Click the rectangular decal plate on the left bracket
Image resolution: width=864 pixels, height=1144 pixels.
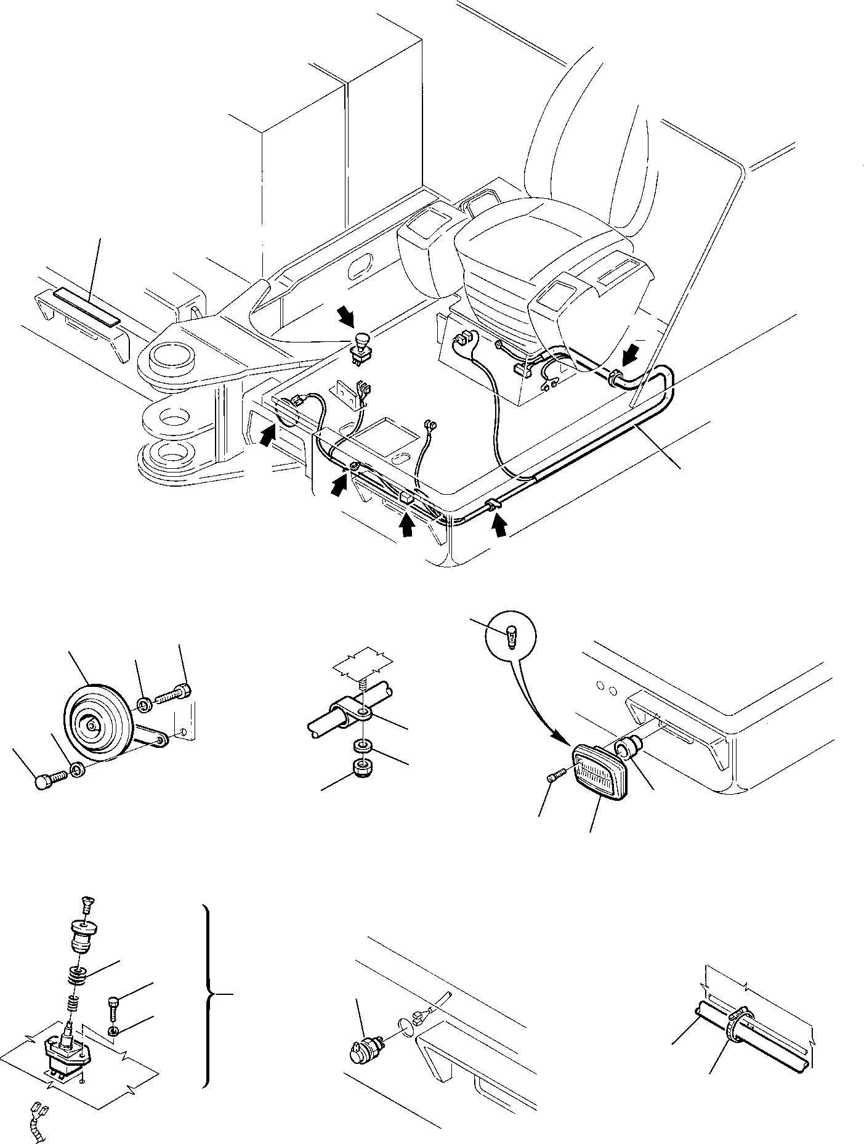[x=87, y=307]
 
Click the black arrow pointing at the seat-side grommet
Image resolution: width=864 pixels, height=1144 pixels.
[x=631, y=355]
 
